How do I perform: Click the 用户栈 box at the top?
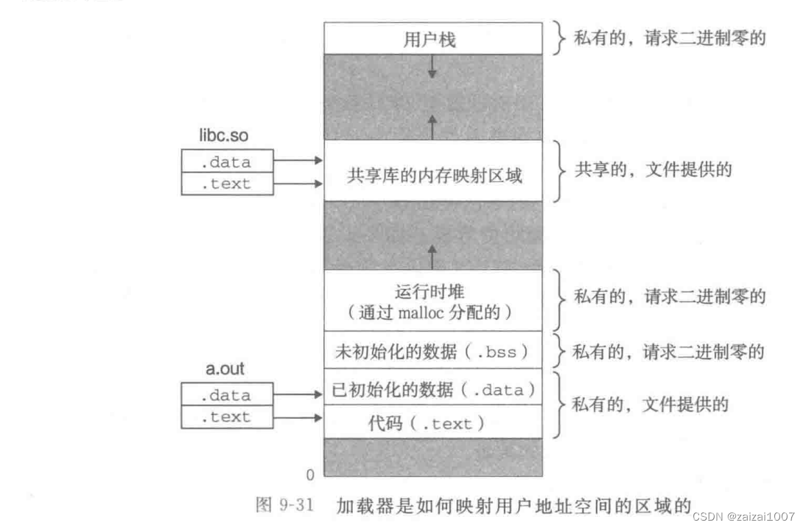(x=432, y=39)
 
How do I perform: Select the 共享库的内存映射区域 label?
(x=434, y=176)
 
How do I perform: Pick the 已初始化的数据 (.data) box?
(x=432, y=389)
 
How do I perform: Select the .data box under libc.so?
(x=227, y=161)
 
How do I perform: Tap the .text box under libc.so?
(x=227, y=184)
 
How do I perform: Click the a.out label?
(x=225, y=370)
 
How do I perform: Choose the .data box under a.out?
(x=227, y=395)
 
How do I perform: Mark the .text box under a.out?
(x=227, y=417)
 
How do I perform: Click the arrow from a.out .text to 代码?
(x=298, y=417)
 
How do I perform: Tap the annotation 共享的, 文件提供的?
(x=653, y=170)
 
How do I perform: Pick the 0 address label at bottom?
(x=310, y=473)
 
